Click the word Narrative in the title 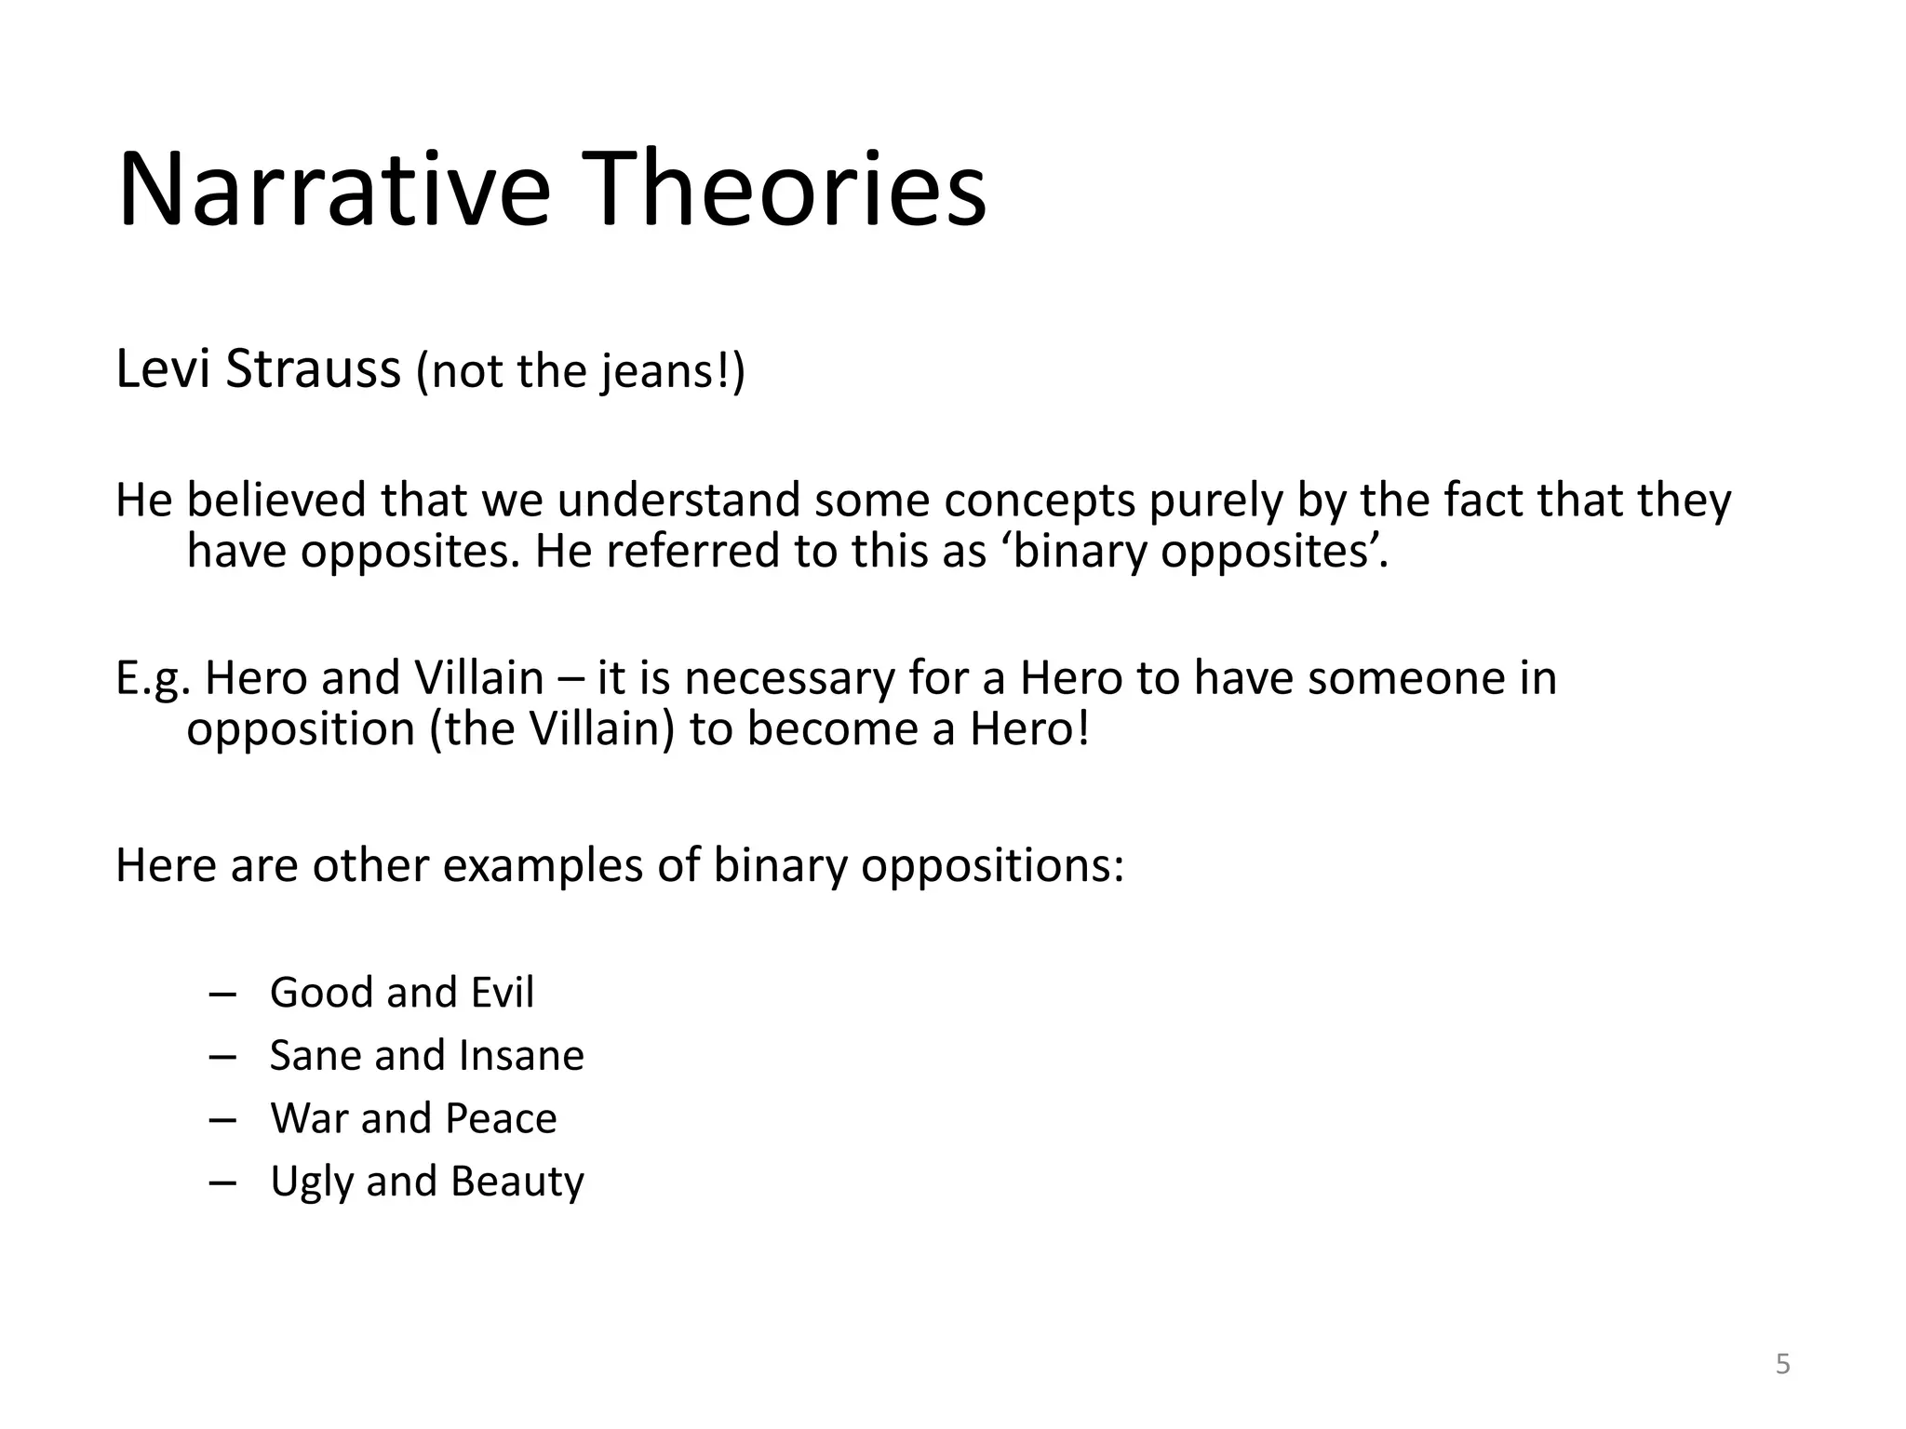334,191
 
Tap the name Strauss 314,368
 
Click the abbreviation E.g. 154,679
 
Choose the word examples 543,866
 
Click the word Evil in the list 502,993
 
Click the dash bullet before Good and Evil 222,995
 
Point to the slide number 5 1782,1365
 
